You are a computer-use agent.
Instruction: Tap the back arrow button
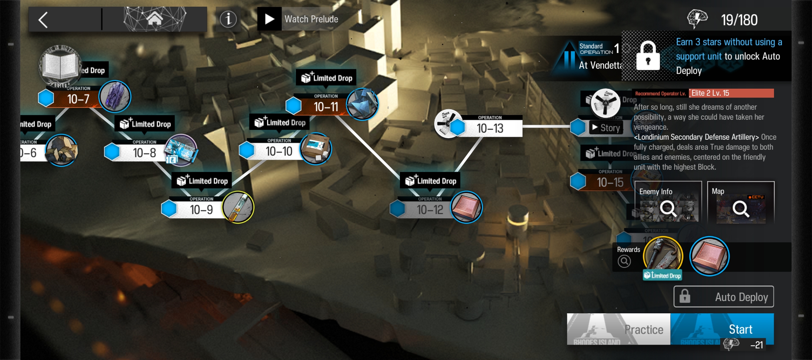point(44,20)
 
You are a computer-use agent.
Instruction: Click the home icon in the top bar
point(155,19)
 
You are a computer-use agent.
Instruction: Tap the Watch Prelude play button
point(270,19)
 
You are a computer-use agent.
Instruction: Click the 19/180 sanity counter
point(739,20)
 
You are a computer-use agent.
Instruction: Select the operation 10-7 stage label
point(78,99)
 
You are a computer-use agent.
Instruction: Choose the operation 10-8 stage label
point(144,153)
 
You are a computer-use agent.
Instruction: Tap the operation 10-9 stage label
point(201,210)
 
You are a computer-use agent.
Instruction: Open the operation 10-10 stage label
point(279,151)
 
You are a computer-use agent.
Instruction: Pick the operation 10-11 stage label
point(326,107)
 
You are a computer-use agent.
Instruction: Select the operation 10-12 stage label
point(430,210)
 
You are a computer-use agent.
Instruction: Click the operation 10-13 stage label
point(490,128)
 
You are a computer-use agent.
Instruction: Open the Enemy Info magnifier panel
point(668,202)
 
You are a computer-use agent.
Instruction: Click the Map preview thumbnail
point(741,202)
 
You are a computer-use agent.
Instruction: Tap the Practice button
point(619,329)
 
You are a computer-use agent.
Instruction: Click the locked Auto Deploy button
point(724,296)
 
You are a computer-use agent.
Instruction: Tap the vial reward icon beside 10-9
point(238,207)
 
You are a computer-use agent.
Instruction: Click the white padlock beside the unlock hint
point(648,56)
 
